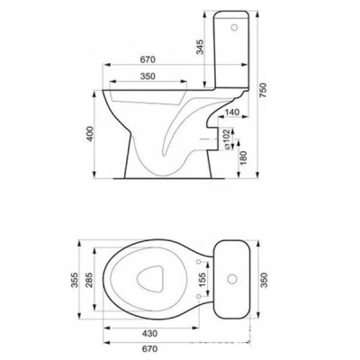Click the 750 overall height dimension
coord(263,90)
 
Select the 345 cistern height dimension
coord(200,47)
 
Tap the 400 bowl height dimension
coord(91,134)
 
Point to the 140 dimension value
coord(232,112)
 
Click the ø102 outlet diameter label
coord(227,139)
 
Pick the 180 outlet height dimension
coord(243,158)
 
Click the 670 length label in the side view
coord(148,59)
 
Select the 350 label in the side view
coord(148,76)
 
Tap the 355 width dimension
coord(75,280)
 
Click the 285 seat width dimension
coord(89,280)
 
